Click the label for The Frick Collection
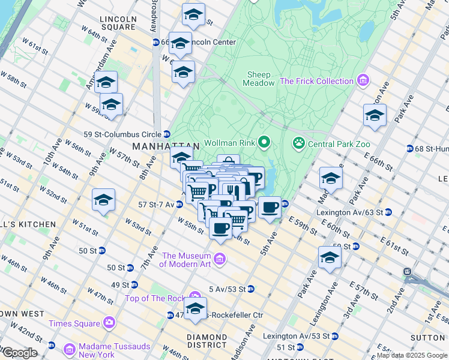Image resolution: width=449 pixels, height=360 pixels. [x=316, y=81]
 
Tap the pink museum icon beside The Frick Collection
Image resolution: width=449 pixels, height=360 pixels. [x=362, y=80]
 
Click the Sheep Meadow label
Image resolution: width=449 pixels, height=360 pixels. [x=259, y=79]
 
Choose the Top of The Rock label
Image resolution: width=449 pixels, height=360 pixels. [x=156, y=298]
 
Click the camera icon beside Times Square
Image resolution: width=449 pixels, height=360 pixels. [x=109, y=323]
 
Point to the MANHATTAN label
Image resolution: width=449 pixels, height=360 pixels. [x=165, y=146]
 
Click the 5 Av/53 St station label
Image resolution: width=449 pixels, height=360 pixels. [x=227, y=289]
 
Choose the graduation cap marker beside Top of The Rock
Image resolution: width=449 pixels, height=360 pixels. [x=195, y=309]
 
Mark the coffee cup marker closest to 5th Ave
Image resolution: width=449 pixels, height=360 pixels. [x=270, y=207]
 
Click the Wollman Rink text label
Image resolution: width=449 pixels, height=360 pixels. [x=231, y=143]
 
